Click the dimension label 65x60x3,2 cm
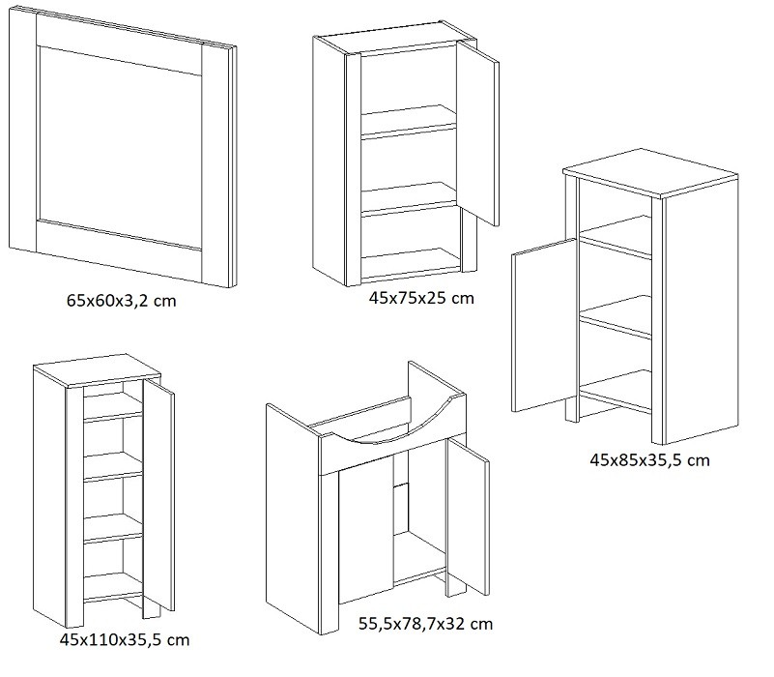122,301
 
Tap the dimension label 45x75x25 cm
421,298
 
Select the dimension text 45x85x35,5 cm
649,460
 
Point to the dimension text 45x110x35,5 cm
125,640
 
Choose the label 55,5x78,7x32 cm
425,624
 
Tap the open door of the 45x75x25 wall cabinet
477,132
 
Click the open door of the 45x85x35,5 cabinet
544,325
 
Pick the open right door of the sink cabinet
468,516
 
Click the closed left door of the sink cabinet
366,529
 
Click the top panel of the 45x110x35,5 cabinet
97,370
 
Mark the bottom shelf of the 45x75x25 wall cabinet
411,261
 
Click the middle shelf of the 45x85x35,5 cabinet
616,316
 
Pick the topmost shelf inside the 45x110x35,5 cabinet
113,406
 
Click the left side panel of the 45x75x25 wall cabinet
330,161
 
